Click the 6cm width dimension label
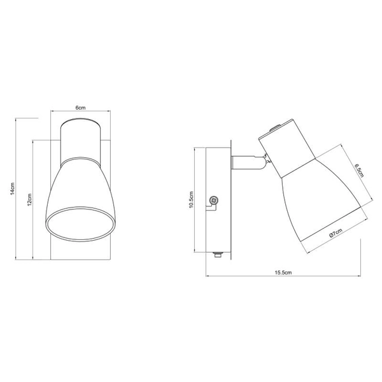coord(81,108)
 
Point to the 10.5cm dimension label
coord(190,199)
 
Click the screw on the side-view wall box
coord(214,201)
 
